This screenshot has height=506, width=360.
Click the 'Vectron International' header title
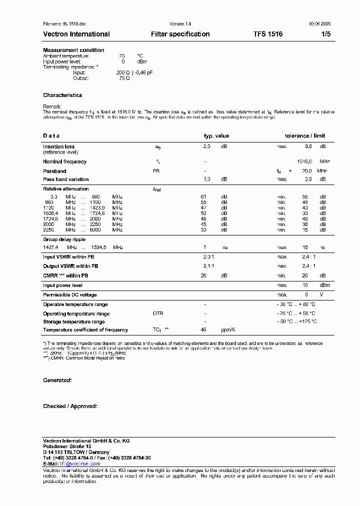[x=76, y=34]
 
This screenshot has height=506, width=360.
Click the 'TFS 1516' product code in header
[x=268, y=34]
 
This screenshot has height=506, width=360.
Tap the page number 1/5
[x=325, y=34]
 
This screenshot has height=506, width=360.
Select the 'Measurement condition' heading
[x=73, y=50]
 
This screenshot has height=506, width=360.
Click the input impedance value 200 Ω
[x=123, y=72]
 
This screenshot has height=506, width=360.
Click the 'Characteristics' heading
[x=62, y=95]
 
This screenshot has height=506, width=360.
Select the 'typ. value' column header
[x=216, y=136]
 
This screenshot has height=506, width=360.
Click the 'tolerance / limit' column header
[x=304, y=136]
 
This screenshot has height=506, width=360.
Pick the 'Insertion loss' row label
[x=58, y=146]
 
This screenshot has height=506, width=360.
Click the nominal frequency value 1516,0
[x=304, y=162]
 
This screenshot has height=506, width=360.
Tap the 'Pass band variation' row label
[x=65, y=179]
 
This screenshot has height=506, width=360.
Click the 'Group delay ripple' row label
[x=64, y=239]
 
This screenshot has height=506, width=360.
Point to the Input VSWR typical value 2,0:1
[x=208, y=256]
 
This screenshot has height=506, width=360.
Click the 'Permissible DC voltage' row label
[x=69, y=295]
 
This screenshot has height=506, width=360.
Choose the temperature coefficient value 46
[x=203, y=330]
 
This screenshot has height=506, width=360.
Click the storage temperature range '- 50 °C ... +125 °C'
[x=297, y=322]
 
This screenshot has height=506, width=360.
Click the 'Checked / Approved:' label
[x=70, y=406]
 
